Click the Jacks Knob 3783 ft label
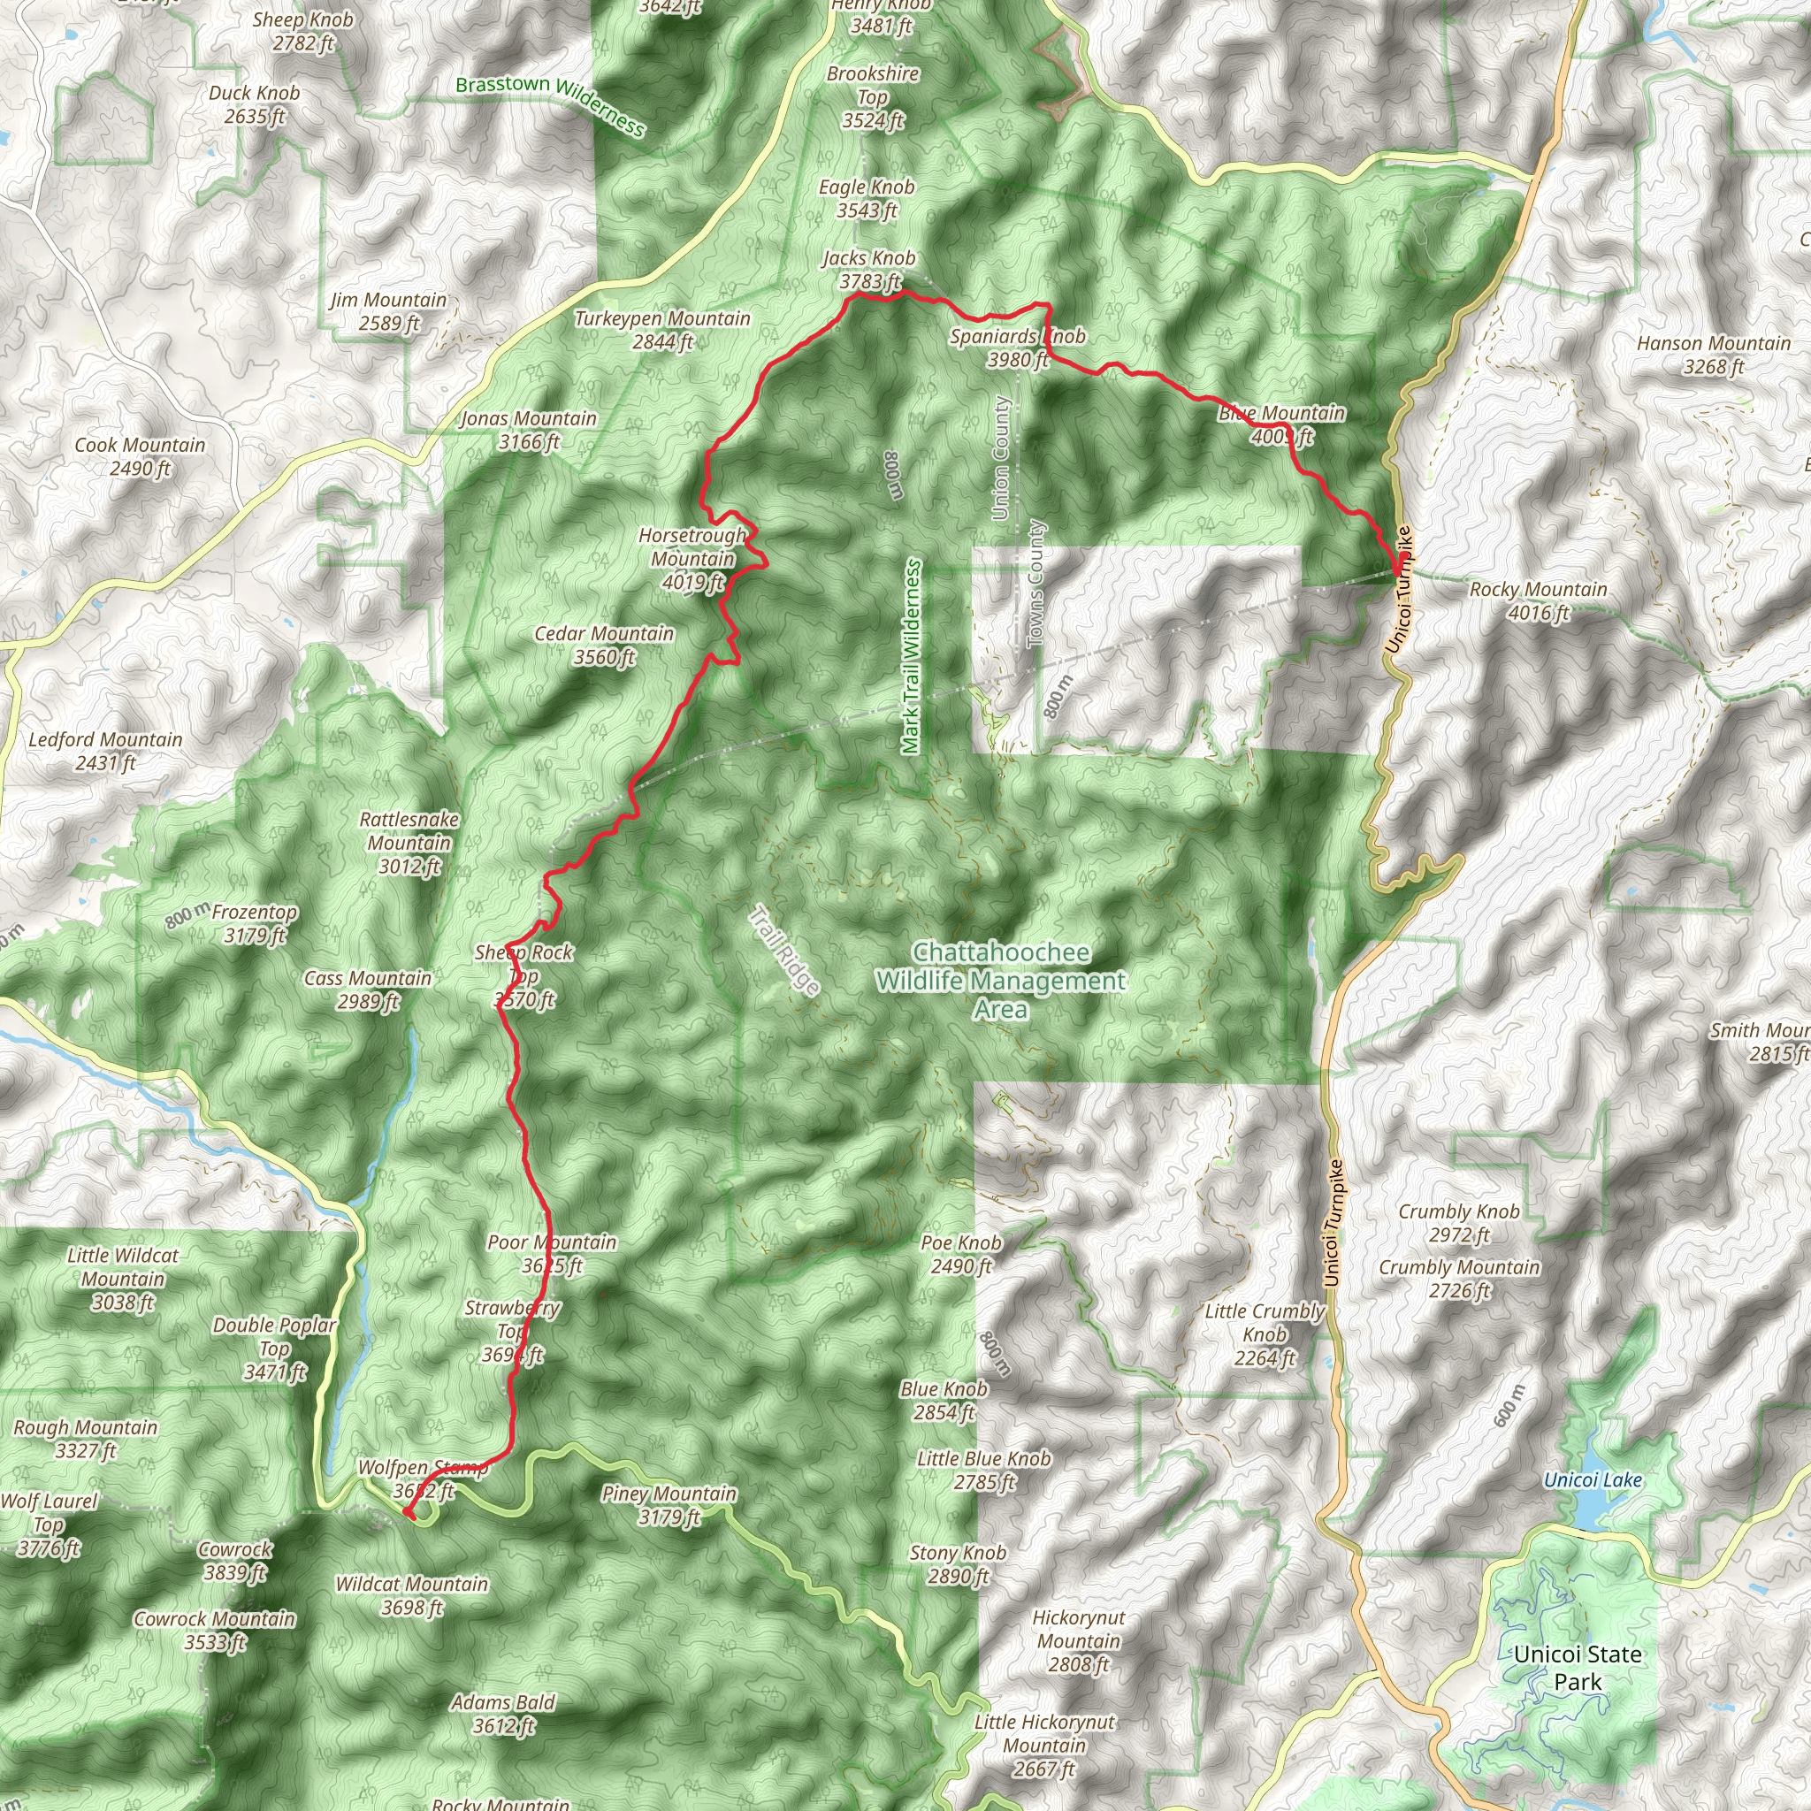[x=868, y=270]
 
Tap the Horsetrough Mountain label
[x=692, y=559]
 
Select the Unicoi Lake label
[x=1593, y=1479]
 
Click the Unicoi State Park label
[x=1578, y=1668]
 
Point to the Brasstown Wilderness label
[x=550, y=103]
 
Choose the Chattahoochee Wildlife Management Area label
[x=1000, y=981]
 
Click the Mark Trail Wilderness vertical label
[x=911, y=656]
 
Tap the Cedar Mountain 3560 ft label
[x=605, y=645]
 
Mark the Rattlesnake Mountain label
[x=409, y=843]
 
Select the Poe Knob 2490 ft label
[x=961, y=1254]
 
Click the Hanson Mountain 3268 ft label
[x=1714, y=355]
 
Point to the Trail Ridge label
[x=784, y=950]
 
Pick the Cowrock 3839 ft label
[x=235, y=1561]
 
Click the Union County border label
[x=1000, y=457]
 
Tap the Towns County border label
[x=1035, y=583]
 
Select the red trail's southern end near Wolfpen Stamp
[x=408, y=1511]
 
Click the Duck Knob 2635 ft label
[x=254, y=104]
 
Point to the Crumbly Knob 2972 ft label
[x=1459, y=1222]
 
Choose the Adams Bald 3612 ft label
[x=503, y=1714]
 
